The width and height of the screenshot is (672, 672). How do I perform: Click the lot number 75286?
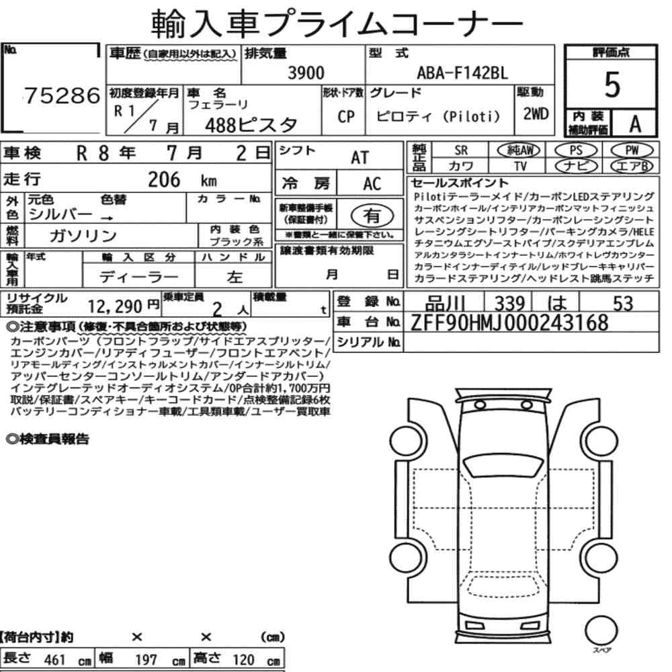(62, 95)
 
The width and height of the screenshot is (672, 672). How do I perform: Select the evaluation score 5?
(612, 85)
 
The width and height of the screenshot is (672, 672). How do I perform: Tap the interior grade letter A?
(635, 124)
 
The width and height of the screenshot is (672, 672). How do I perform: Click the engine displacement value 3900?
(306, 73)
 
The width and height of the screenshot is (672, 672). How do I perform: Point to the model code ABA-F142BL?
(462, 73)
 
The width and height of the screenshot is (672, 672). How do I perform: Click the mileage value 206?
(164, 179)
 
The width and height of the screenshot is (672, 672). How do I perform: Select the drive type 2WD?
(536, 114)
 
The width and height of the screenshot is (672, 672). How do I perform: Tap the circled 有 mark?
(372, 216)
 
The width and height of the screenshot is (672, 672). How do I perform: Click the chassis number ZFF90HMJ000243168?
(509, 323)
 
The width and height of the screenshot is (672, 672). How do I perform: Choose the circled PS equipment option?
(576, 151)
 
